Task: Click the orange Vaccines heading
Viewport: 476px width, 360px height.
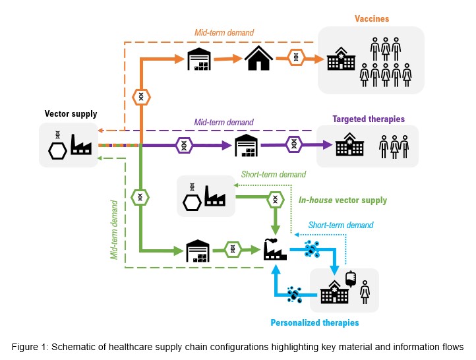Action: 371,19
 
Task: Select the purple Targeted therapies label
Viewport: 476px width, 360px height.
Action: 369,119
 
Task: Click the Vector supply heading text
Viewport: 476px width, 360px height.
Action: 71,114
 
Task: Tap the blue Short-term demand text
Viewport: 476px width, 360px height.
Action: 341,225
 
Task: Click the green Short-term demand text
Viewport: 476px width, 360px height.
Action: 274,175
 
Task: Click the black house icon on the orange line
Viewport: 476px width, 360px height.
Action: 259,59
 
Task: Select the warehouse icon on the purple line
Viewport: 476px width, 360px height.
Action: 247,145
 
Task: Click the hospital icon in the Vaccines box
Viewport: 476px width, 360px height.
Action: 341,59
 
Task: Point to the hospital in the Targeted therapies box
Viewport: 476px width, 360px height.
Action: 349,146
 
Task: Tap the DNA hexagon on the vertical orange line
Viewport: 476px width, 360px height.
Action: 141,97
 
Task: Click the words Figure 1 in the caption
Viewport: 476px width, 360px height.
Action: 31,346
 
